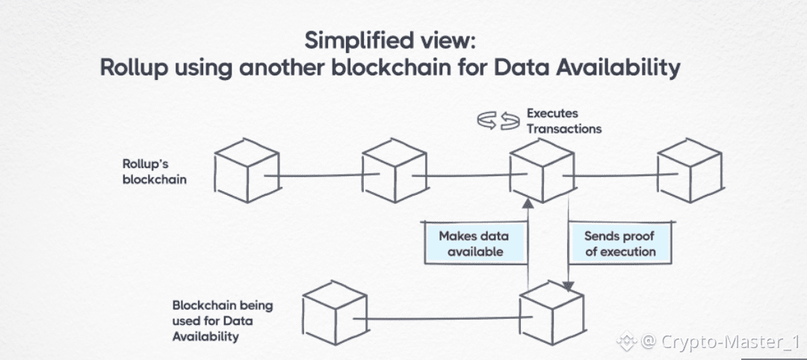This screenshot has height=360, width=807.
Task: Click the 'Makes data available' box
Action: [x=474, y=243]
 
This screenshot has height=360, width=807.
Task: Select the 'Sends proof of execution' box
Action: [x=620, y=243]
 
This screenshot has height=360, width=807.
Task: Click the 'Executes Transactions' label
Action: [x=564, y=121]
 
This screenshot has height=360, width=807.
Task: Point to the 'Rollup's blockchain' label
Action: [x=155, y=172]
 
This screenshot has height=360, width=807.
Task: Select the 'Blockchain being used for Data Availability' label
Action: [x=223, y=321]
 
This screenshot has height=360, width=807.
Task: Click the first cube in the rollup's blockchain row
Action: [x=248, y=170]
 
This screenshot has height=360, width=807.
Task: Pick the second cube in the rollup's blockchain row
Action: [x=395, y=170]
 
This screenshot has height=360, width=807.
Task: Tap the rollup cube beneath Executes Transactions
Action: [x=542, y=170]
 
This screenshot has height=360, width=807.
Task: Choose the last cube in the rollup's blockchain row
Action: [x=690, y=170]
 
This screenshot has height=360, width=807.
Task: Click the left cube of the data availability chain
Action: [x=335, y=313]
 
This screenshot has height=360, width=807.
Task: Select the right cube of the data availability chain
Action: [x=551, y=313]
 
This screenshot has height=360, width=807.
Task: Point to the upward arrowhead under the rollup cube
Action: [x=528, y=204]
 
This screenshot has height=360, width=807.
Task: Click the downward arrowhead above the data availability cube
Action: [x=568, y=286]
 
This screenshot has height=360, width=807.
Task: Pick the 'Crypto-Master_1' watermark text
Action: [x=729, y=341]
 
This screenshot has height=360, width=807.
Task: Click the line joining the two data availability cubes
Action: [x=442, y=319]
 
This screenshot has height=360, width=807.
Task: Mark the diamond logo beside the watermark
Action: [x=626, y=341]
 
